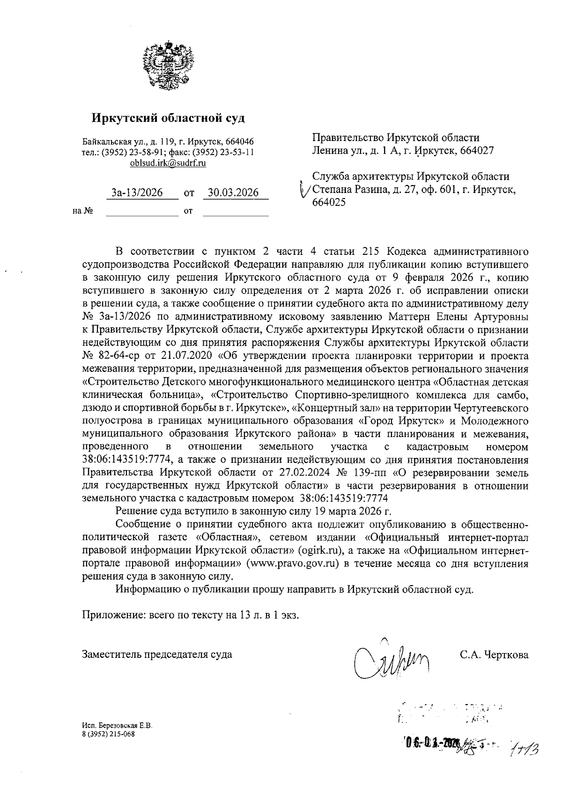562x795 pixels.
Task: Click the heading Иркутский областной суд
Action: (168, 118)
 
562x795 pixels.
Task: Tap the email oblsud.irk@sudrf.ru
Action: (168, 163)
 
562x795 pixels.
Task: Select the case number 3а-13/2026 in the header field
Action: (137, 193)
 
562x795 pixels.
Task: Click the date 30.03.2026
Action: (233, 193)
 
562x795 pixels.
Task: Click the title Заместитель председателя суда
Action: (157, 654)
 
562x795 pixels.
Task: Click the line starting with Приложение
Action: (190, 615)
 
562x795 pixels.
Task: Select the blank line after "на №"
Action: (142, 212)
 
